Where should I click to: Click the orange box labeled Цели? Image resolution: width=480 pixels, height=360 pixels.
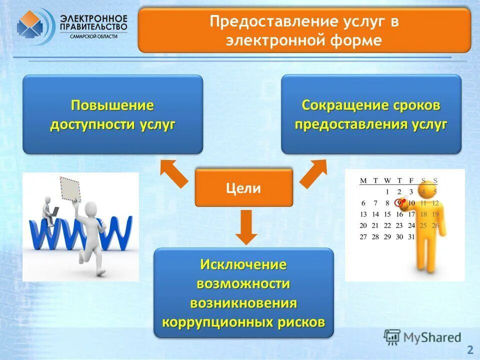coord(243,188)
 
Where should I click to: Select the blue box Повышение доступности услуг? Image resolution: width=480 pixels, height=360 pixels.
coord(112,114)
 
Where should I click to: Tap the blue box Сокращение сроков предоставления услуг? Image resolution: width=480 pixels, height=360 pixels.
coord(370,114)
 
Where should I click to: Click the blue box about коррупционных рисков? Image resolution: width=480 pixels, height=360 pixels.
coord(243,293)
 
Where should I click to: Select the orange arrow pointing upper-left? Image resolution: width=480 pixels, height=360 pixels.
coord(173,173)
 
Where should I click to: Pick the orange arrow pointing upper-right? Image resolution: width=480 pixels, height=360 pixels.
coord(313,173)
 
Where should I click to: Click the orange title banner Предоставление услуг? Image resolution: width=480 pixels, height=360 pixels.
coord(304,30)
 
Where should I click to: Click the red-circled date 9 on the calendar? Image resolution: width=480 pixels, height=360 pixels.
coord(399,203)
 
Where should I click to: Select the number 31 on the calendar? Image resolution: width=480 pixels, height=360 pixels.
coord(411,236)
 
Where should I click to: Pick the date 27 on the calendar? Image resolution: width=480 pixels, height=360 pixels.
coord(363,236)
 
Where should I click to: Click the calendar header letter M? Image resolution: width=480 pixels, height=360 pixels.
coord(363,180)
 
